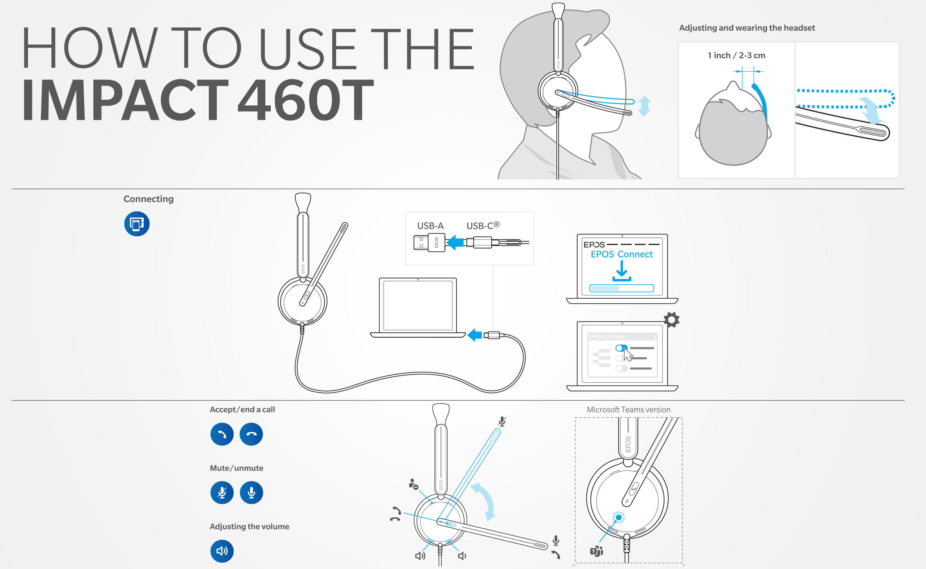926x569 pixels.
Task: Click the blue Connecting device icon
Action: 137,224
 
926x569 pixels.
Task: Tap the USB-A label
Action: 430,226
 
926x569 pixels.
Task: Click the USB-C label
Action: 483,226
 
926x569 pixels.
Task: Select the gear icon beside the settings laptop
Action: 672,320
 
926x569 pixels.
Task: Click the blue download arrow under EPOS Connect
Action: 622,271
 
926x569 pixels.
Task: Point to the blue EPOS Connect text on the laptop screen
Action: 622,254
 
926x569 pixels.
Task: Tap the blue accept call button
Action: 222,434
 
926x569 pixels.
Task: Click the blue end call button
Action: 251,434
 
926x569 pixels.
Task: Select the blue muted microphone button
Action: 222,492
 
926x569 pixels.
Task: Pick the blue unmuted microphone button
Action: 251,492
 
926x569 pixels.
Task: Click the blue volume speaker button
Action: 222,551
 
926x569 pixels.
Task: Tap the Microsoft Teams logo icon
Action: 597,551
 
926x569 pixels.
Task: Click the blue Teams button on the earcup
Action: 619,517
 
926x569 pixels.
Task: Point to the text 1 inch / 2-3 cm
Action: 736,55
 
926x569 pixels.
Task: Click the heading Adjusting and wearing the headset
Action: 747,28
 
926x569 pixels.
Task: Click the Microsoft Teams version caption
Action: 628,410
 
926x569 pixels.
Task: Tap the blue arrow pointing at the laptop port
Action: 475,335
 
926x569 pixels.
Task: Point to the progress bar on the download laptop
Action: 622,288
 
